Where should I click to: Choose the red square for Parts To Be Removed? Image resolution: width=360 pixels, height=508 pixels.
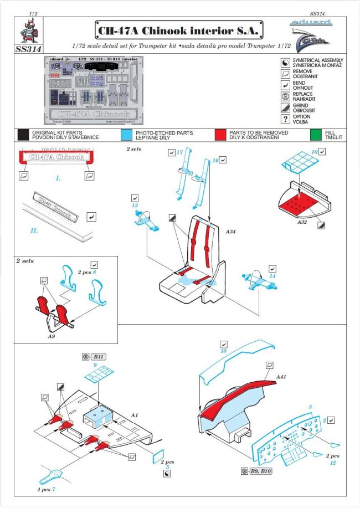221,135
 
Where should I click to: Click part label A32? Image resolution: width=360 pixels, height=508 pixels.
302,220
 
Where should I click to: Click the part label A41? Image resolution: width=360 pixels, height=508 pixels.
282,376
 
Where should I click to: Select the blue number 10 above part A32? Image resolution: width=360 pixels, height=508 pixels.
314,151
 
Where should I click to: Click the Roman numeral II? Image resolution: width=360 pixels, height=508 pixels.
34,230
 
